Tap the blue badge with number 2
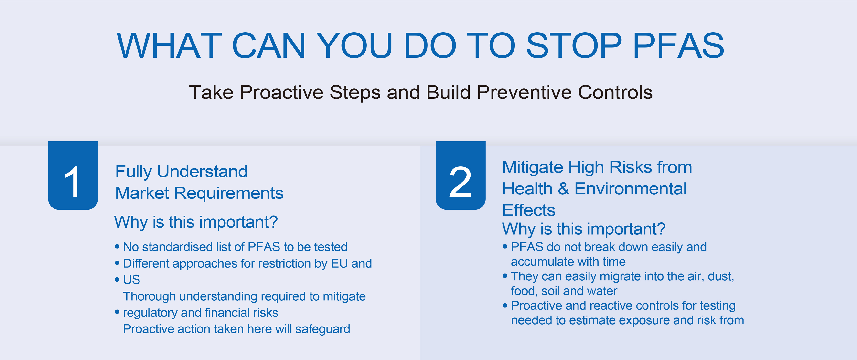tap(461, 175)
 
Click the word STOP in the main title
tap(574, 46)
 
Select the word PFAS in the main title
tap(678, 46)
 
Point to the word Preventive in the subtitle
tap(524, 92)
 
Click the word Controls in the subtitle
tap(615, 92)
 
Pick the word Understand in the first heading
tap(202, 172)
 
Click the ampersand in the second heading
tap(563, 189)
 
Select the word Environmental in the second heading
tap(631, 189)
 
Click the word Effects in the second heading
tap(529, 210)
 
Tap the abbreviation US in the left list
tap(131, 280)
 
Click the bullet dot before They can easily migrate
tap(505, 276)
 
